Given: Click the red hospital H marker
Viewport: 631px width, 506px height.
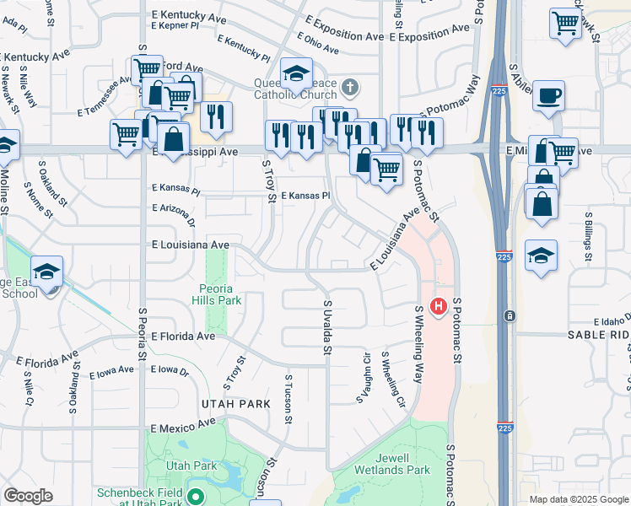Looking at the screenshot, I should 438,308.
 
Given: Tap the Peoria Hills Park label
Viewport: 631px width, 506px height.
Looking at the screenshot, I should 217,293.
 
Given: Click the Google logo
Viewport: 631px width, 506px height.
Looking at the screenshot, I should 28,496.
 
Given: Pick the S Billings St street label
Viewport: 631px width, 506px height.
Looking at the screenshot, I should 587,234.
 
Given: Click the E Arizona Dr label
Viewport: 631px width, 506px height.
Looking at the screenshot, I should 174,214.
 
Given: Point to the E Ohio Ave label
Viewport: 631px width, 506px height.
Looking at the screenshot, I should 317,41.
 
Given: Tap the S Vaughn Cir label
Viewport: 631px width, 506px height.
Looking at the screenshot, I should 367,376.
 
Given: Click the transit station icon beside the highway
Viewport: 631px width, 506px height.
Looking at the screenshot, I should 510,316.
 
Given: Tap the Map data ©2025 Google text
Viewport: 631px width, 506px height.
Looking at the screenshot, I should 578,499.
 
